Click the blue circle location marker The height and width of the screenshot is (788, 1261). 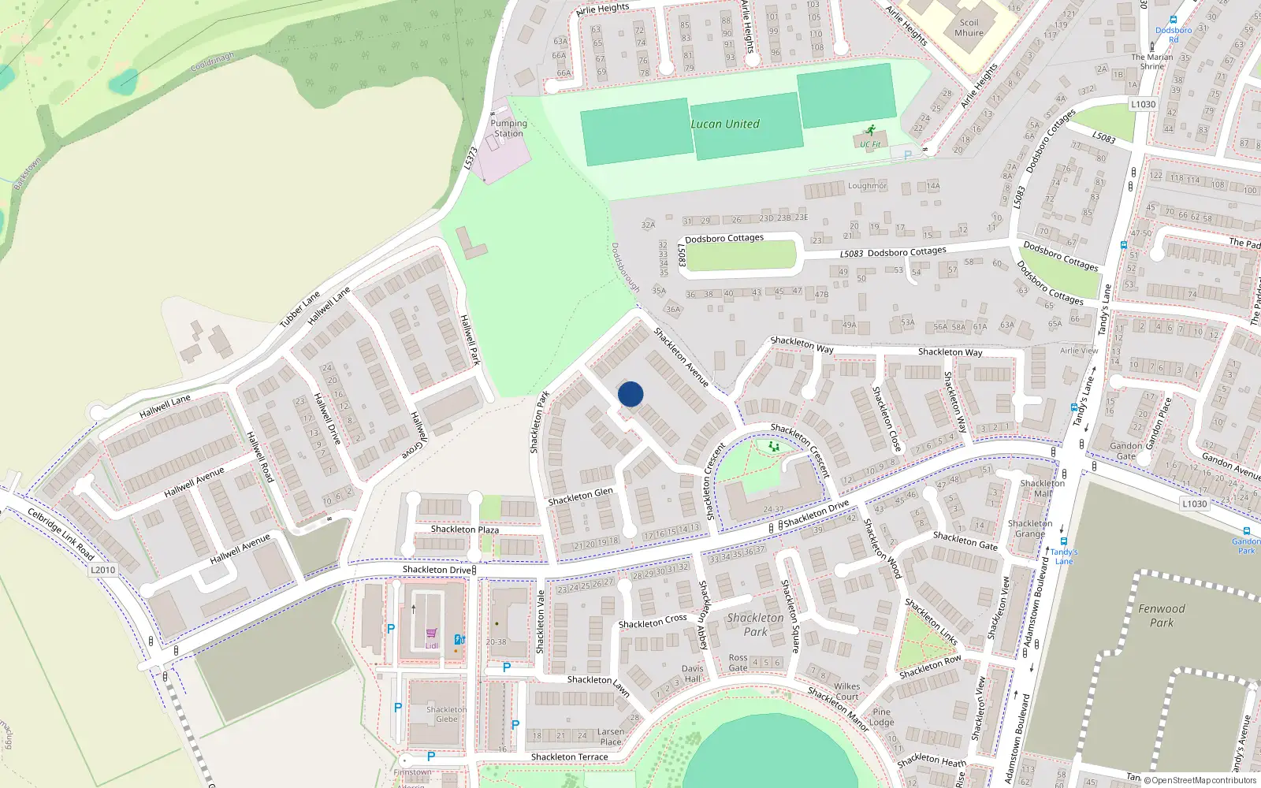point(630,394)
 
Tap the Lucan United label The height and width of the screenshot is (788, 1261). point(725,124)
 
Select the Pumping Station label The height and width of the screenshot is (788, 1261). point(508,128)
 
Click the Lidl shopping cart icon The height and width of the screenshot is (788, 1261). point(431,633)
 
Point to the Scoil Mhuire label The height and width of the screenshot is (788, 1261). point(969,28)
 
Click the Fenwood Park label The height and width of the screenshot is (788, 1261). point(1161,615)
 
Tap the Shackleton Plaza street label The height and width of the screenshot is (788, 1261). point(464,530)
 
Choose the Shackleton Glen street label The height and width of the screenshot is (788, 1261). point(580,496)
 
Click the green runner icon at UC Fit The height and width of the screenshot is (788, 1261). point(871,130)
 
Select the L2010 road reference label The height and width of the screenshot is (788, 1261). point(102,570)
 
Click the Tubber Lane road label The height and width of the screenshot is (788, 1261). point(299,310)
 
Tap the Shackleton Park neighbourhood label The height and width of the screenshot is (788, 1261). point(755,625)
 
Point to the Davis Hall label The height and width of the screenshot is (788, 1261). point(692,674)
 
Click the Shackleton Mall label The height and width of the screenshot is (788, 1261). point(1042,489)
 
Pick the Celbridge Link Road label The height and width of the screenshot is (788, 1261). point(61,534)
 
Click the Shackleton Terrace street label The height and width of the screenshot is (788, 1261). point(569,757)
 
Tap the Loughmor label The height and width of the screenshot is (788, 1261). point(867,186)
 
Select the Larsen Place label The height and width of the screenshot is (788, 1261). point(611,737)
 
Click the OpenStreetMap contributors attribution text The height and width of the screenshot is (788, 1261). point(1200,781)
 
